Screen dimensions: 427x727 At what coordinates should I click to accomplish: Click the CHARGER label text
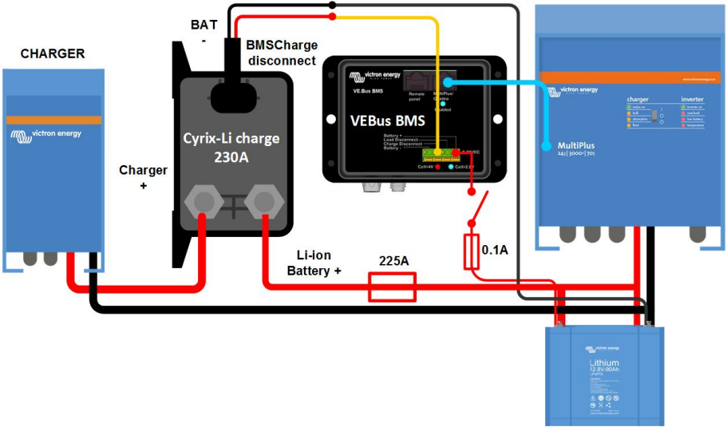pos(53,54)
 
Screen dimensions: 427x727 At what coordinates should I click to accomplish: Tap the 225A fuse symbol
pos(392,287)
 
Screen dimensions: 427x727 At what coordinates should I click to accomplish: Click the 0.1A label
pos(495,250)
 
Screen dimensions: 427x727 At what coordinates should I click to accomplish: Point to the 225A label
pos(393,260)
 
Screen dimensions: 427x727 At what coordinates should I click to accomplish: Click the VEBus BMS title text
pos(388,122)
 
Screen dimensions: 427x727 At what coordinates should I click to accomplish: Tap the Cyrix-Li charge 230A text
pos(231,148)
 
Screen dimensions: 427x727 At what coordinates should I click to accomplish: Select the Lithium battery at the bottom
pos(604,374)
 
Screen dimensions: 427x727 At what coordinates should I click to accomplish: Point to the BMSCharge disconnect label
pos(282,53)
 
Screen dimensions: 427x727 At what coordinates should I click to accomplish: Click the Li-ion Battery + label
pos(314,263)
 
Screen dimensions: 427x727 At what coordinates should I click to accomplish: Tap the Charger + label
pos(144,177)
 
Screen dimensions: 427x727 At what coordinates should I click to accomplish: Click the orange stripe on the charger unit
pos(53,120)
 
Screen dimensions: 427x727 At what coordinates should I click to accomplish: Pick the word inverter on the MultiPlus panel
pos(691,100)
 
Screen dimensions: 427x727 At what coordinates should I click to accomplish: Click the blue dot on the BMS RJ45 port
pos(447,81)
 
